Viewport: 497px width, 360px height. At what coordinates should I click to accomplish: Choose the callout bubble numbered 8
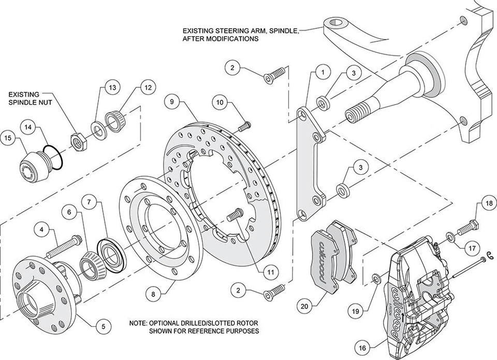click(153, 294)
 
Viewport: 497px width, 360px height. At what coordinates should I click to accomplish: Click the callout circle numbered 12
click(148, 88)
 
